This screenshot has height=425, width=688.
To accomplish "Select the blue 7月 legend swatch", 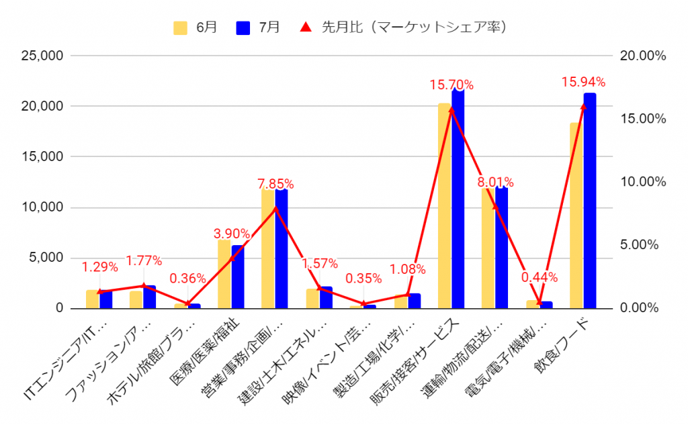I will (243, 28).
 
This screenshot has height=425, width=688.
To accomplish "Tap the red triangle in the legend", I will (305, 28).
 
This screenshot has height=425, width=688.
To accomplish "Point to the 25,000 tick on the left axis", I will (40, 56).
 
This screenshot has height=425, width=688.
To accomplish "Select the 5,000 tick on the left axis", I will (45, 258).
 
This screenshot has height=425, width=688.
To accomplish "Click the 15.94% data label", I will (583, 83).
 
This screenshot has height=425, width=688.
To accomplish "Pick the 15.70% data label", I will (452, 85).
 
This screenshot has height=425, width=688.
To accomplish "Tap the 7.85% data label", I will (275, 183).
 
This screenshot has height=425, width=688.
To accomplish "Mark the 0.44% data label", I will (540, 277).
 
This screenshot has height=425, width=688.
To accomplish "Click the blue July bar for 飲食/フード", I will (590, 201).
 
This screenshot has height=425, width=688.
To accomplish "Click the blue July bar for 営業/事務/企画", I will (282, 248).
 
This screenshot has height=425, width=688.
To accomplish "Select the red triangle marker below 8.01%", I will (496, 206).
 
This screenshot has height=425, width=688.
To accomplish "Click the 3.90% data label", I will (232, 234).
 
